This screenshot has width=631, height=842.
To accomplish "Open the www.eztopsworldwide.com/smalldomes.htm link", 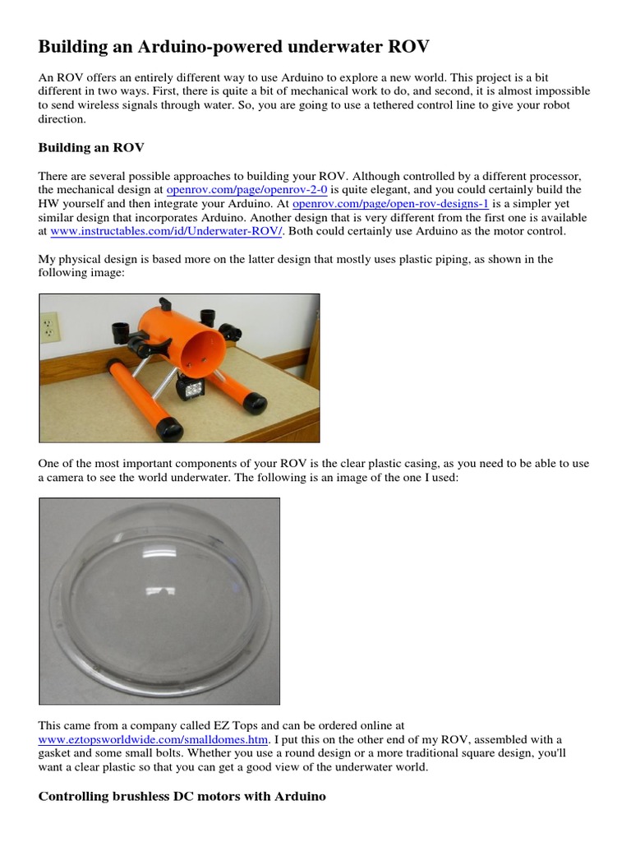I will [x=154, y=740].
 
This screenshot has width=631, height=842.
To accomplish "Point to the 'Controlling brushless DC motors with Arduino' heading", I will [x=182, y=797].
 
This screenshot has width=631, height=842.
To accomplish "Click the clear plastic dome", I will [x=159, y=600].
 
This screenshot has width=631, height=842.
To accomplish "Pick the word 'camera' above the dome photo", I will [x=69, y=478].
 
